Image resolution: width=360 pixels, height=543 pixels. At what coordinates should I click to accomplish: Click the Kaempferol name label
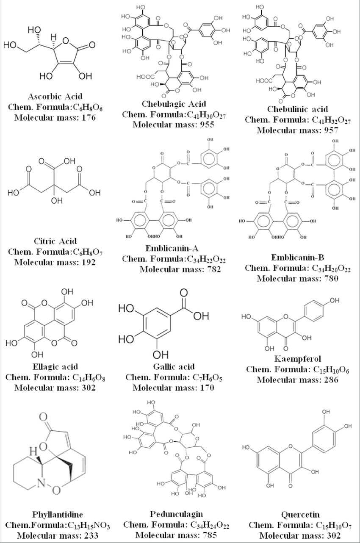click(x=296, y=359)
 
